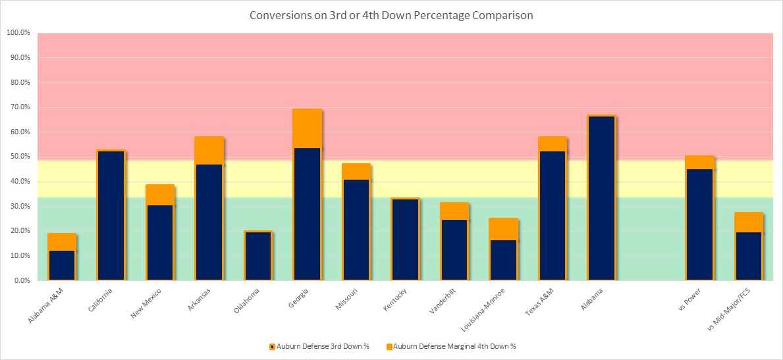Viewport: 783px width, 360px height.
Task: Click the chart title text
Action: click(x=391, y=15)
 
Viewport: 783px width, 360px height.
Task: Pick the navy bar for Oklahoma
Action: click(x=258, y=256)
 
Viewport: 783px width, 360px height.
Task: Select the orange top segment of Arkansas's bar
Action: click(x=209, y=150)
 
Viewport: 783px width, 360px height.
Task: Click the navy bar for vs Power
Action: click(x=699, y=224)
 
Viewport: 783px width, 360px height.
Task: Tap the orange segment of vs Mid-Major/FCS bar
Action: click(x=748, y=222)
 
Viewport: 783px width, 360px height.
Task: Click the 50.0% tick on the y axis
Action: click(x=19, y=157)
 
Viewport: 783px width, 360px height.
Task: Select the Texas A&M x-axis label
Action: click(x=535, y=302)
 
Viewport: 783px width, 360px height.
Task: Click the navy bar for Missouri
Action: click(x=356, y=230)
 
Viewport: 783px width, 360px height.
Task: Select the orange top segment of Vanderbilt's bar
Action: click(x=454, y=211)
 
